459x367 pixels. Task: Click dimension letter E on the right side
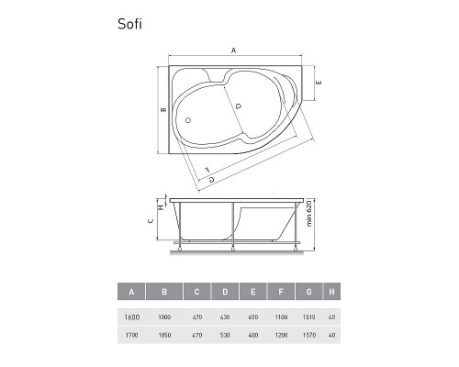coord(318,83)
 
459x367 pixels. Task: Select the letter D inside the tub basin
coord(238,106)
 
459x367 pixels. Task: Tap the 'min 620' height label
coord(310,215)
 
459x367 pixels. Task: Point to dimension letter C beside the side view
coord(150,221)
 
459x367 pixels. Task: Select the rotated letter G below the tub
coord(212,180)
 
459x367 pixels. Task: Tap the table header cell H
coord(330,293)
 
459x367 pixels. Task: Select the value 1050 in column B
coord(164,335)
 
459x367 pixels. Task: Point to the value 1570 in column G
coord(310,335)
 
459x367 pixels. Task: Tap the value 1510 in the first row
coord(310,317)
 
